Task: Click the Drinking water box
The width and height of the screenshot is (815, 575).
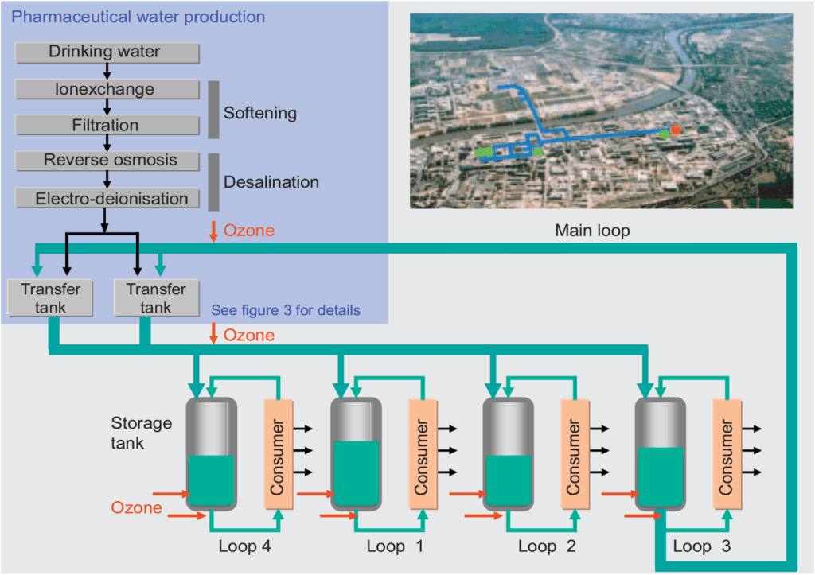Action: [x=106, y=52]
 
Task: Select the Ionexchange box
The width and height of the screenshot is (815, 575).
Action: [x=106, y=89]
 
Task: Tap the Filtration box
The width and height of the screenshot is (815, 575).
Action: [x=106, y=126]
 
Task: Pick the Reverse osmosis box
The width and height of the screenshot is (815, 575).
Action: [x=106, y=161]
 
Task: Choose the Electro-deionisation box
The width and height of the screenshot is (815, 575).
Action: [x=106, y=198]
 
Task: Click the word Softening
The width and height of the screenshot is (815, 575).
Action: [x=259, y=113]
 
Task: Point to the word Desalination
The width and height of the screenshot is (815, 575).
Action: [x=271, y=182]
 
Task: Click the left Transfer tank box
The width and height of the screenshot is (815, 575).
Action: [x=45, y=298]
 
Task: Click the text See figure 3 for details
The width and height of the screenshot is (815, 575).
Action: [x=286, y=310]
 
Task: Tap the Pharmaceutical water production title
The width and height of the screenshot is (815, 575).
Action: [x=139, y=17]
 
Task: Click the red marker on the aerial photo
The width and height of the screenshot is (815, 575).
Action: [x=676, y=129]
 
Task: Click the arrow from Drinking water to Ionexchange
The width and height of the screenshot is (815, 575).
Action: [x=106, y=71]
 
